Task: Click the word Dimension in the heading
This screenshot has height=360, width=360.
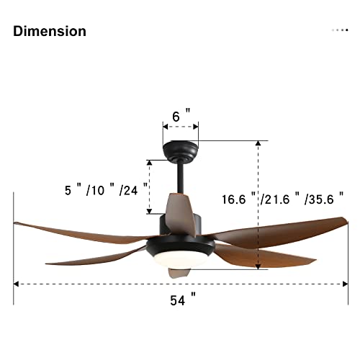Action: (50, 31)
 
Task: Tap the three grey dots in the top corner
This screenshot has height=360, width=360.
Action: (340, 30)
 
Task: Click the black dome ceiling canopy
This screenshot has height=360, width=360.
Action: (181, 151)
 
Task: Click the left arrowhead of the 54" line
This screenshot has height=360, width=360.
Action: (17, 284)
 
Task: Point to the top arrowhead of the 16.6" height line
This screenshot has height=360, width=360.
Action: (258, 143)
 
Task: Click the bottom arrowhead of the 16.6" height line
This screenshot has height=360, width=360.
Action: (258, 267)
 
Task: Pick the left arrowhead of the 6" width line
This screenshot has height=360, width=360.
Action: (165, 126)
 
